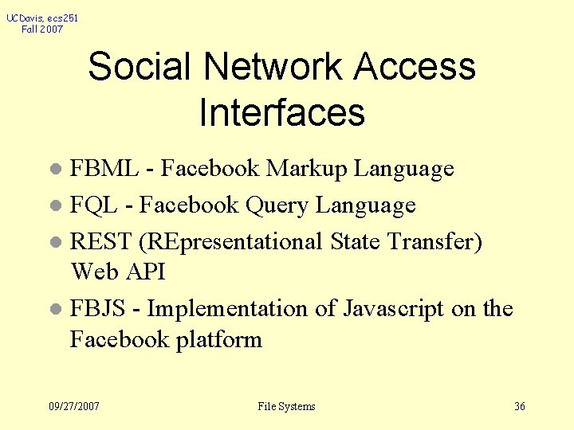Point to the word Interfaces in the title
(281, 112)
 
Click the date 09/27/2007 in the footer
(74, 407)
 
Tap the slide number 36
(520, 407)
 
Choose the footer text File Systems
(286, 407)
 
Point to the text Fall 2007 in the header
(42, 29)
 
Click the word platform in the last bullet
(219, 339)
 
